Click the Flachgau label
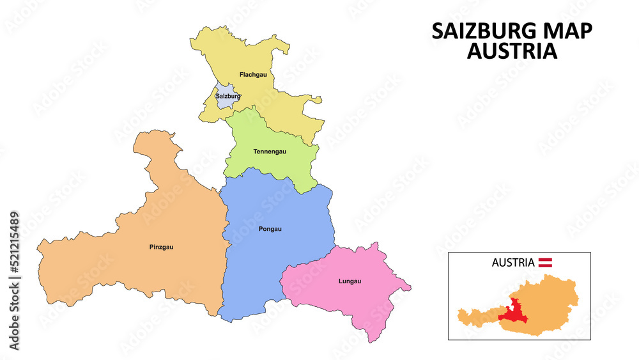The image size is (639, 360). click(x=253, y=75)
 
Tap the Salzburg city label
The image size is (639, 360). click(x=228, y=97)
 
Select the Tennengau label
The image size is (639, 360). click(x=270, y=152)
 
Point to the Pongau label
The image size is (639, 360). click(x=270, y=228)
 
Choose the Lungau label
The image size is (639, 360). click(x=350, y=281)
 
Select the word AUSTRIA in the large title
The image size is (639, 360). click(x=512, y=51)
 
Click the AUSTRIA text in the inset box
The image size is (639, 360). click(x=513, y=262)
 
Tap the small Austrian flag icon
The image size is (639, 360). click(x=546, y=262)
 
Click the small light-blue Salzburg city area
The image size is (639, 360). click(x=224, y=102)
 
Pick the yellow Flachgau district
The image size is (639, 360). click(x=268, y=96)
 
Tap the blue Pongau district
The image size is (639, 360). click(x=275, y=256)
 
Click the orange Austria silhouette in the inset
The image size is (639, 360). click(x=550, y=301)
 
